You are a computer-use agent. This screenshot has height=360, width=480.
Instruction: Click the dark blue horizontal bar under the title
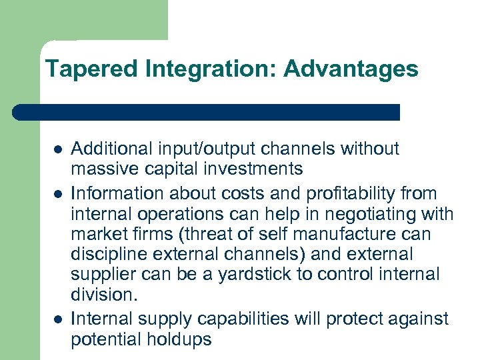pos(207,112)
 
